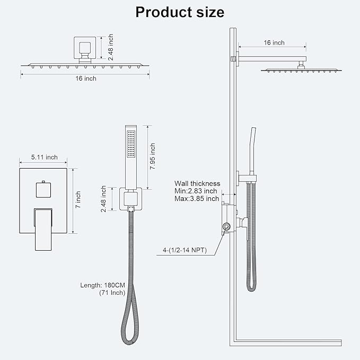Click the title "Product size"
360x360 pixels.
[180, 12]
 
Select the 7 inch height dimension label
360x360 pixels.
[78, 200]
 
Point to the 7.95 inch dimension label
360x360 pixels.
[153, 156]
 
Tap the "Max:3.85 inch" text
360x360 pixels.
[197, 198]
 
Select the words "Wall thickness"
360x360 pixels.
[197, 183]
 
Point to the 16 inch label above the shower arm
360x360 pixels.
[274, 43]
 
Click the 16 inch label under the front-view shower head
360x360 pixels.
[86, 78]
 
